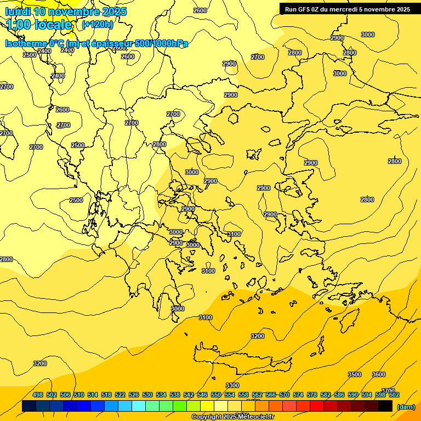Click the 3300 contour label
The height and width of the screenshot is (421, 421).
[232, 385]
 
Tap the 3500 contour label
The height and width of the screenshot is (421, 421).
[355, 374]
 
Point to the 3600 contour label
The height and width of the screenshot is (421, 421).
[379, 374]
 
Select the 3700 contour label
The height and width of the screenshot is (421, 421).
[388, 390]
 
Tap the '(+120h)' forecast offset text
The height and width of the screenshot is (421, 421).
[98, 25]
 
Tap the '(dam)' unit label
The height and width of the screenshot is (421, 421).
[406, 406]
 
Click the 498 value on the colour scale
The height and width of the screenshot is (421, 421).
[38, 395]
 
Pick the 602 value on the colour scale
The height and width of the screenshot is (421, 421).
[394, 395]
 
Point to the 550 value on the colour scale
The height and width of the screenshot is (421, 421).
[216, 395]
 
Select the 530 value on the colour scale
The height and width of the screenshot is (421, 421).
[147, 395]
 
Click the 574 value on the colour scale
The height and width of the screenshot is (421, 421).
[298, 395]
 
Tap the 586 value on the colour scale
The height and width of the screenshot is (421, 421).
[339, 395]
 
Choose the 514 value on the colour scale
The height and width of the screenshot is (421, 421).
[93, 395]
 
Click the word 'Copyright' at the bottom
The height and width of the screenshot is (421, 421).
[206, 417]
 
